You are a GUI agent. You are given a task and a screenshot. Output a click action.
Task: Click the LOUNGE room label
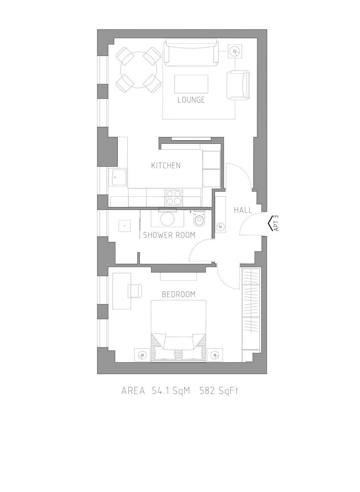point(191,100)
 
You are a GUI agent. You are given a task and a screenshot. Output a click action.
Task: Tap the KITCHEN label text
point(166,165)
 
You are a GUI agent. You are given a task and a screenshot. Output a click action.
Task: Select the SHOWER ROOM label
point(169,235)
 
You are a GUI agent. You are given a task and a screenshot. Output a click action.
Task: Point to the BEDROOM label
point(179,294)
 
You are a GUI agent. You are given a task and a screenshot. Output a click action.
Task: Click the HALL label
point(243,210)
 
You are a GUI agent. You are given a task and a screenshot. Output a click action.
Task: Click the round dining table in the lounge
point(139,70)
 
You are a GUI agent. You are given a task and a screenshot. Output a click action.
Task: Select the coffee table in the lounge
point(191,84)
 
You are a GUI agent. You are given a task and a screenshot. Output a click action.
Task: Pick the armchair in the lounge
point(238,85)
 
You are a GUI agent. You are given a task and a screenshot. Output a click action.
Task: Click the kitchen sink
point(118,177)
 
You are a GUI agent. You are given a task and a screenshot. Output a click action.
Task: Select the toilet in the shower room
point(199,218)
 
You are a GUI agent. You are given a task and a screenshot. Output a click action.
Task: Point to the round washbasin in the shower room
point(167,218)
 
